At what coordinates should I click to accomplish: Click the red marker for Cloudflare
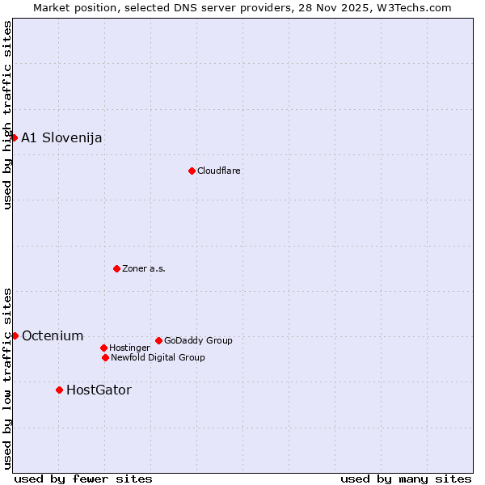click(x=192, y=171)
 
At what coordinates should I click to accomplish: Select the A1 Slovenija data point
click(x=14, y=137)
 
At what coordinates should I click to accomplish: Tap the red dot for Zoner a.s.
click(x=116, y=268)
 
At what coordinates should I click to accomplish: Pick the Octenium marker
click(x=15, y=335)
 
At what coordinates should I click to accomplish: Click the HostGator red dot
click(x=59, y=390)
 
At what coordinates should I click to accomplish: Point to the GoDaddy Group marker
click(x=158, y=340)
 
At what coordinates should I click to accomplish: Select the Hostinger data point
click(x=103, y=348)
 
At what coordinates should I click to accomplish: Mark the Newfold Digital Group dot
click(x=105, y=357)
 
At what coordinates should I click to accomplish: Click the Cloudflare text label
click(x=218, y=171)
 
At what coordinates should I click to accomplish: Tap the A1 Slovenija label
click(x=61, y=137)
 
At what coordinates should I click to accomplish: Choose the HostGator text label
click(x=99, y=390)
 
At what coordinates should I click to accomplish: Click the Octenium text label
click(x=53, y=335)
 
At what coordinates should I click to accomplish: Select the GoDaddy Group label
click(x=198, y=340)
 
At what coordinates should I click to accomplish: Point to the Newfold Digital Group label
click(x=158, y=357)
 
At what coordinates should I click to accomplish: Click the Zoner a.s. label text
click(x=144, y=268)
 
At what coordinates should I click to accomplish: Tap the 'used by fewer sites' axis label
click(x=83, y=479)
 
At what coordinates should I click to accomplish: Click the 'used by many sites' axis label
click(x=406, y=479)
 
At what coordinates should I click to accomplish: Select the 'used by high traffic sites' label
click(x=7, y=115)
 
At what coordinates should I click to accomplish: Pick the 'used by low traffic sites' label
click(x=7, y=378)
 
